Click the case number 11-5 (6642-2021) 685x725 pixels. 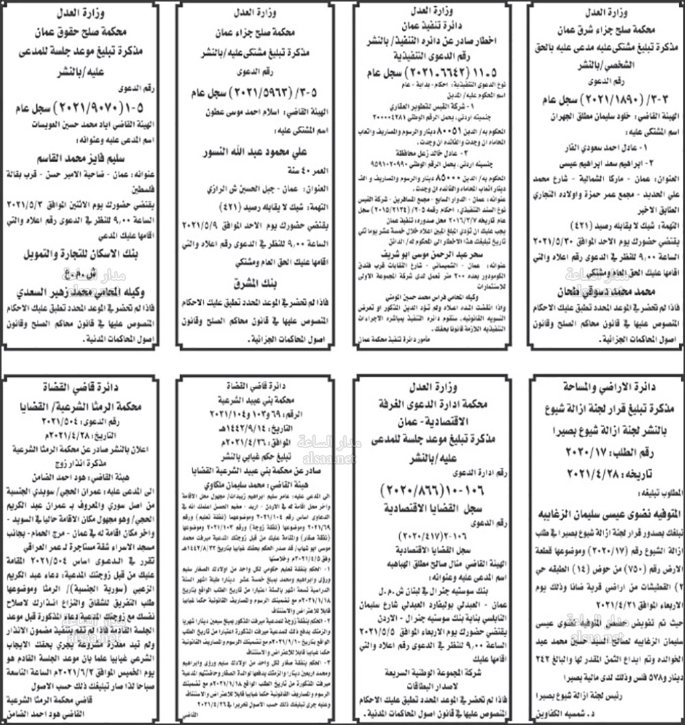click(432, 71)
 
